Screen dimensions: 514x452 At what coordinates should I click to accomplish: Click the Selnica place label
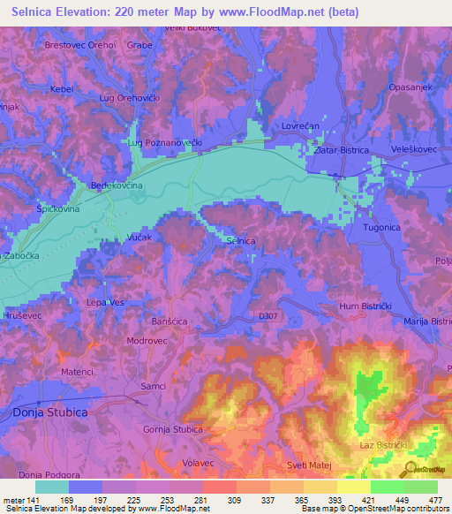(x=241, y=240)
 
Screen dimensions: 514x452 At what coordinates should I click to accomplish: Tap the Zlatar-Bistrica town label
(x=346, y=151)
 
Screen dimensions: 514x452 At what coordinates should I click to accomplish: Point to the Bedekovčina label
(x=117, y=186)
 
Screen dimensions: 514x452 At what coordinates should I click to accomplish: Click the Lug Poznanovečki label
(x=165, y=142)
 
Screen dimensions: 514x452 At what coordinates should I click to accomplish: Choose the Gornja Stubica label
(x=173, y=429)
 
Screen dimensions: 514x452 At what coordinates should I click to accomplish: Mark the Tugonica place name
(x=383, y=228)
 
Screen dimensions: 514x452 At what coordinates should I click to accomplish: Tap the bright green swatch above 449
(x=387, y=487)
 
